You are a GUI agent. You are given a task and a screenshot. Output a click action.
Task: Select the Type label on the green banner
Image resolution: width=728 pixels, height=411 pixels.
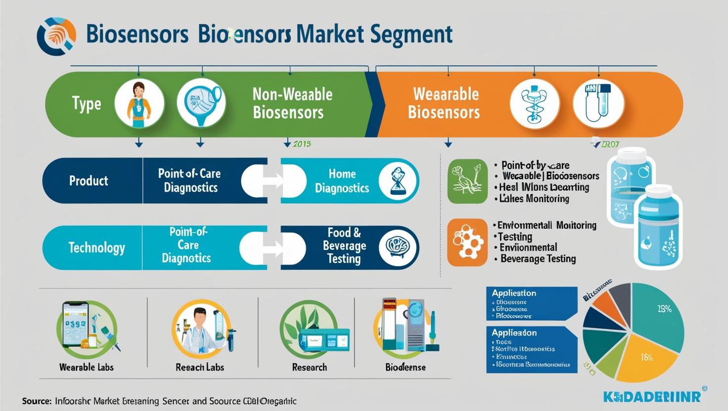coord(87,104)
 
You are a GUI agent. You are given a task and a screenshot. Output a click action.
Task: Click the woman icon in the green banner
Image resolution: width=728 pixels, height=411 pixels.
coord(138,104)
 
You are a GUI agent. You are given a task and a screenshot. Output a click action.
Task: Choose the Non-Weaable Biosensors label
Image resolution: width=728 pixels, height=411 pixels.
coord(292,103)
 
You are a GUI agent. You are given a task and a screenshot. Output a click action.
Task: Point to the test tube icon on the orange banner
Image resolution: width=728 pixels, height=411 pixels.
coord(598,104)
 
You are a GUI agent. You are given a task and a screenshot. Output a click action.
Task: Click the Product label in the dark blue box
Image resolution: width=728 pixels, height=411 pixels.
coord(89,181)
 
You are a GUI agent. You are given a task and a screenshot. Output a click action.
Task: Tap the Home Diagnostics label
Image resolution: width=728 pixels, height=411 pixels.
coord(342,181)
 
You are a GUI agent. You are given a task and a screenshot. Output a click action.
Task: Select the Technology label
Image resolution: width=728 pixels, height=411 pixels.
coord(96,247)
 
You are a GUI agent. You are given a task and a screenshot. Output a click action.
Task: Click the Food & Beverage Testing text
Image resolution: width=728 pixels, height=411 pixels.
coord(344,246)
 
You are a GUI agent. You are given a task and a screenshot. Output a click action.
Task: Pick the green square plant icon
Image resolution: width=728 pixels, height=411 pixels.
coord(467,181)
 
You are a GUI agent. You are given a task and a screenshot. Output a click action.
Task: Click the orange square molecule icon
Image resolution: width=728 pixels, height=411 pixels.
coord(467,243)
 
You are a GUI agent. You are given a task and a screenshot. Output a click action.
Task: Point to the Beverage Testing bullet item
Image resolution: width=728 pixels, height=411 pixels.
coord(538,259)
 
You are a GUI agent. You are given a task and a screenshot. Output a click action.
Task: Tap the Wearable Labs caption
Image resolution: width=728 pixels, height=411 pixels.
coord(87,368)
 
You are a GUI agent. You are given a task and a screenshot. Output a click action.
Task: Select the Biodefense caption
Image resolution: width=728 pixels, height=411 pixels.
coord(406,368)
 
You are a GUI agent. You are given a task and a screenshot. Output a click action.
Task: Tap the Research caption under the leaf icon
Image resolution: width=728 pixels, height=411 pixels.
coord(310,368)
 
